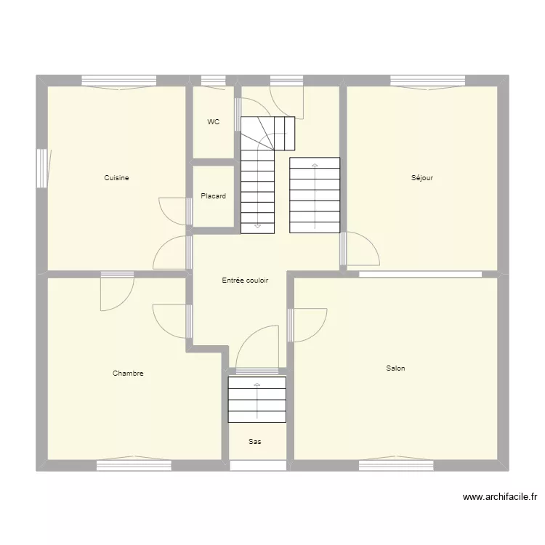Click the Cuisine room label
(116, 178)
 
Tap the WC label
(213, 122)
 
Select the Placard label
(213, 196)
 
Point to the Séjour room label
(422, 178)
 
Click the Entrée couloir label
(245, 280)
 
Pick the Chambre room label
(128, 374)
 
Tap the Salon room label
(396, 368)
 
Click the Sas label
(255, 441)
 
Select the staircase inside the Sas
(257, 399)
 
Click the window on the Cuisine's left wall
(42, 169)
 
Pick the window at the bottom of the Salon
(396, 465)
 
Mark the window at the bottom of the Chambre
(134, 465)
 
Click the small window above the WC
(213, 81)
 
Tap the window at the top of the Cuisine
(118, 81)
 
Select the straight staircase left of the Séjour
(315, 195)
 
